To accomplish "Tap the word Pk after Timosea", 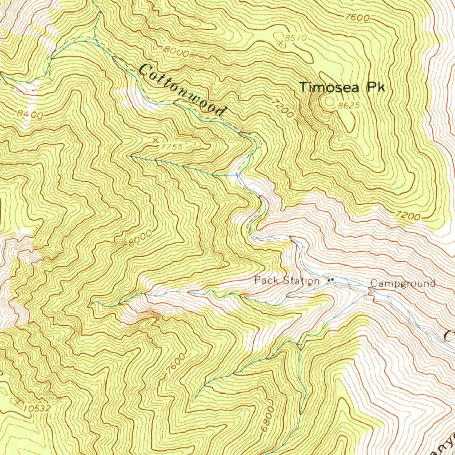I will click(x=375, y=88).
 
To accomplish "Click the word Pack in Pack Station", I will click(x=265, y=280).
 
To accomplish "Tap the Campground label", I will click(x=403, y=283).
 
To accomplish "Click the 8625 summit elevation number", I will click(x=348, y=106).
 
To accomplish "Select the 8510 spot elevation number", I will click(x=295, y=38).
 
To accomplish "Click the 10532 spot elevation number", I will click(x=38, y=408).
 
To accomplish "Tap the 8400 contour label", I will click(x=30, y=115).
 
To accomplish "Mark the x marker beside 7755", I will click(x=155, y=140).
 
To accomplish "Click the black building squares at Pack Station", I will click(x=330, y=280).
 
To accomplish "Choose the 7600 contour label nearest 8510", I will click(x=357, y=18).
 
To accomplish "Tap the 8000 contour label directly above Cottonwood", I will click(x=176, y=52).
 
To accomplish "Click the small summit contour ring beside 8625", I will click(x=330, y=102).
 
